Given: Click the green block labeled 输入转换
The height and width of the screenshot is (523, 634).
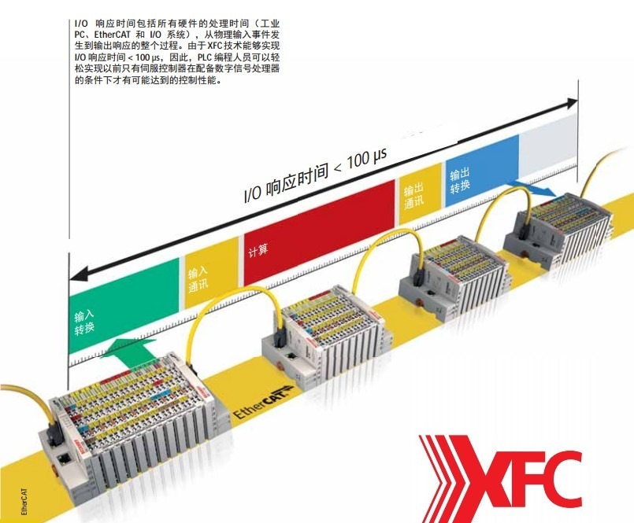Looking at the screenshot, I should click(x=118, y=307).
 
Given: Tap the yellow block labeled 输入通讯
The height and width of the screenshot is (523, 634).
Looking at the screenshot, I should click(x=209, y=271).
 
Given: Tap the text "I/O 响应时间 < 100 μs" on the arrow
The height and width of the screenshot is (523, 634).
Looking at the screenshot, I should click(x=315, y=175).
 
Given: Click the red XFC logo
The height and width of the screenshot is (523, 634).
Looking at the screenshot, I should click(x=500, y=476).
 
